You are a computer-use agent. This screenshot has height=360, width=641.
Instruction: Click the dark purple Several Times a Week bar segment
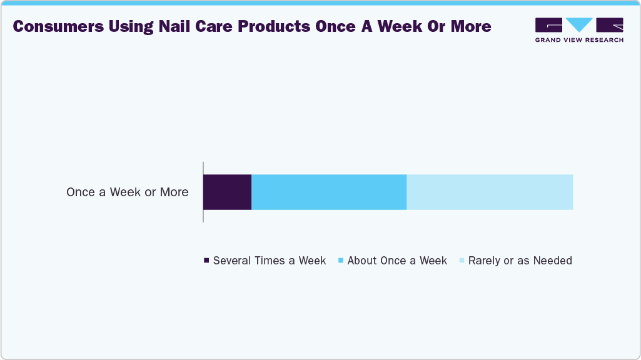227,192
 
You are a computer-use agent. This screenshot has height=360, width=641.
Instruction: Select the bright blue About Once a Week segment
329,192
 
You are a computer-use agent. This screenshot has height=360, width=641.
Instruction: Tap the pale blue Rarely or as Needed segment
490,192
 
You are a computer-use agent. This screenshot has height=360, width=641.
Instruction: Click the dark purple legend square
206,260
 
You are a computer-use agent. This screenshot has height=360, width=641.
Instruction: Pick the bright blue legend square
340,260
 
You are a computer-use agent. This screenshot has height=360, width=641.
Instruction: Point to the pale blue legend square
462,260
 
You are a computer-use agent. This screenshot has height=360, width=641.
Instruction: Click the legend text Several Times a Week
270,261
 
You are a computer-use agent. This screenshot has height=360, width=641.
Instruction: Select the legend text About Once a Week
397,261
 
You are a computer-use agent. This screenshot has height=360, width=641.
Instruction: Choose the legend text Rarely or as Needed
520,261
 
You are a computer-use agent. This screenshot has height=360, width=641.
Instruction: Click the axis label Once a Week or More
127,192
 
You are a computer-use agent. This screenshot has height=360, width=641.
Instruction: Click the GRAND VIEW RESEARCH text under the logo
579,40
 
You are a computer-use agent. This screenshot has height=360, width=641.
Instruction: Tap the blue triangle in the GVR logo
580,24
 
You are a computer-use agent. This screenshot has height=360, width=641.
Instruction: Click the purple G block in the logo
548,24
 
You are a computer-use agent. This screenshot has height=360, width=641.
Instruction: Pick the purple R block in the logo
610,24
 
